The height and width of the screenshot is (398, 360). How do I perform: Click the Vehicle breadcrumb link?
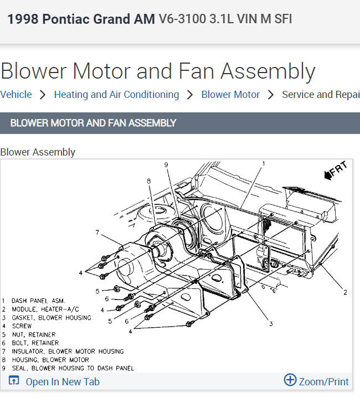pyautogui.click(x=16, y=95)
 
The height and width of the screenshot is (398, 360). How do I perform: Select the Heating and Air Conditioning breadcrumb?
pyautogui.click(x=116, y=95)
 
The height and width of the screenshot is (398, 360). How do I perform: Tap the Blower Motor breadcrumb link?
pyautogui.click(x=230, y=95)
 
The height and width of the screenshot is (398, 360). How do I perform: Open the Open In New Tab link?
pyautogui.click(x=62, y=381)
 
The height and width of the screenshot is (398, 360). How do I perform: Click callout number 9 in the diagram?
pyautogui.click(x=166, y=164)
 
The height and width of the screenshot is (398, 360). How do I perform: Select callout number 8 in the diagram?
pyautogui.click(x=148, y=180)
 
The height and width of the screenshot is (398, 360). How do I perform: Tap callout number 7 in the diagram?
pyautogui.click(x=97, y=232)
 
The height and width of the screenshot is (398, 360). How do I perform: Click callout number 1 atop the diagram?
pyautogui.click(x=264, y=163)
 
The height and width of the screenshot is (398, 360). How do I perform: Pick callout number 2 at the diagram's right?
pyautogui.click(x=345, y=292)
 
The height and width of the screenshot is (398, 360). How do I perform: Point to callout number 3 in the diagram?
pyautogui.click(x=271, y=323)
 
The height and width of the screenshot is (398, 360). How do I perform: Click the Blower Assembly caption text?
pyautogui.click(x=38, y=152)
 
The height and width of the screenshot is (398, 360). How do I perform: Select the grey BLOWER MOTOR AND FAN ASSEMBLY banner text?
pyautogui.click(x=93, y=123)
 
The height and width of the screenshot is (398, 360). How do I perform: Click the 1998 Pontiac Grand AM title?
pyautogui.click(x=81, y=20)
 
